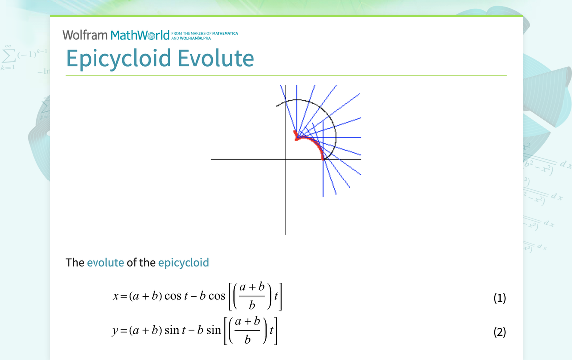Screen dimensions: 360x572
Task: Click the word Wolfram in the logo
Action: (x=85, y=35)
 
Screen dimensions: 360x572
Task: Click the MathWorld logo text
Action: (x=140, y=35)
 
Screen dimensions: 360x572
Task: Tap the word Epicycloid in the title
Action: (x=119, y=58)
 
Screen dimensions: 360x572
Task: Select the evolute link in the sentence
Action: (x=105, y=262)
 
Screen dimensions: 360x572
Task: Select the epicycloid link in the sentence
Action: (x=184, y=262)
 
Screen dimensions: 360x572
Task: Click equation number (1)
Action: (x=499, y=298)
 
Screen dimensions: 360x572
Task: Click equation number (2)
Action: (x=499, y=332)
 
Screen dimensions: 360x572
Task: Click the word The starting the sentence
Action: (x=75, y=262)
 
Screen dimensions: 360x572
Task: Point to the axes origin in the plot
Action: (x=286, y=159)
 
